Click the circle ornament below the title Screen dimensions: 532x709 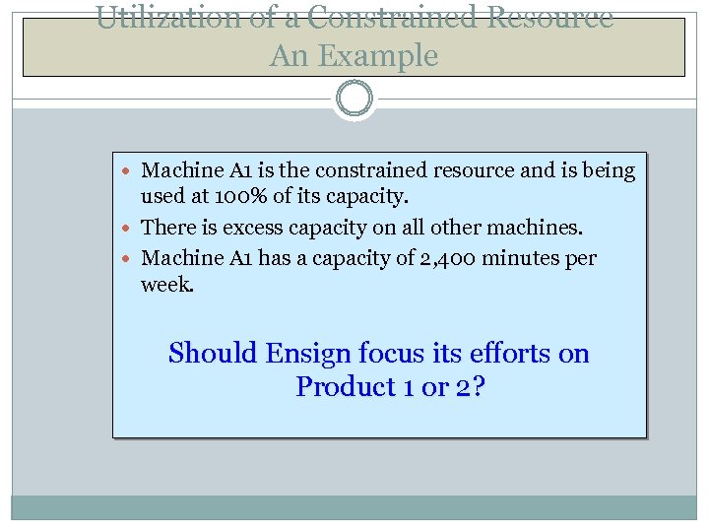click(354, 99)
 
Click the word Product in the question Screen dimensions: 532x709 click(346, 387)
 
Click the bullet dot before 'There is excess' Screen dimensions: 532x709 click(131, 229)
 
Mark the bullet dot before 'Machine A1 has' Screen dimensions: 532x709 click(131, 259)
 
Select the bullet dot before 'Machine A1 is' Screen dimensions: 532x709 click(131, 171)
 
